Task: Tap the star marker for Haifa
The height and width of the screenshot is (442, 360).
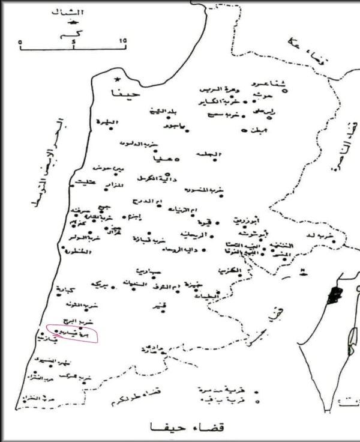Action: pos(118,79)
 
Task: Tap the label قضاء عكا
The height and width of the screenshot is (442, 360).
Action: pos(300,48)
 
